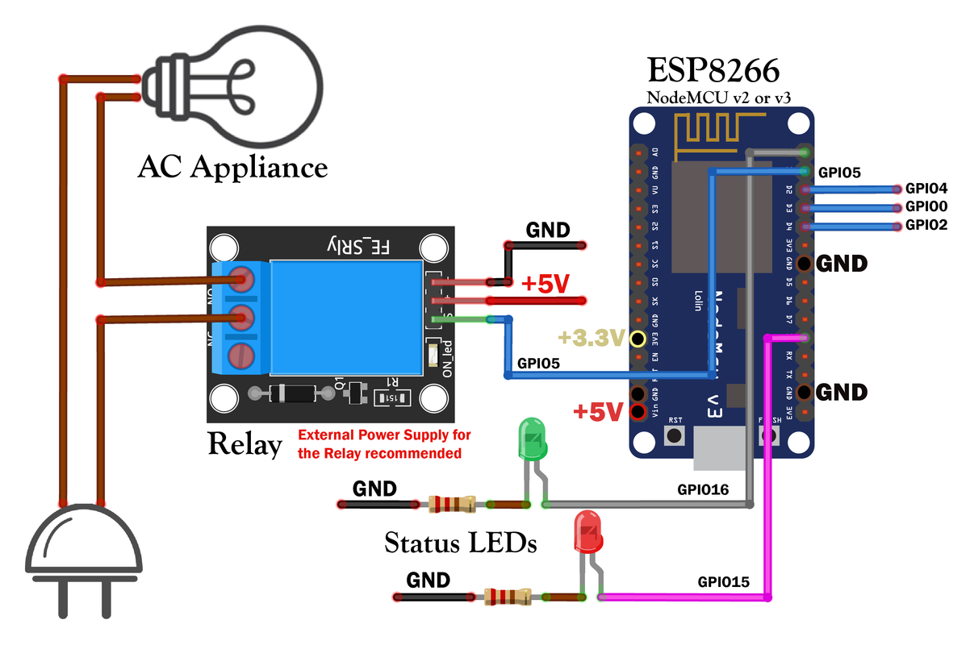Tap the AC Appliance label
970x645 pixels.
click(x=233, y=167)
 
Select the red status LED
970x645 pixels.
click(x=587, y=533)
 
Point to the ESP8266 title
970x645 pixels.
click(x=713, y=71)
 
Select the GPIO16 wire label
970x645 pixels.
click(x=703, y=489)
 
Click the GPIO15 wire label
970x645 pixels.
click(x=724, y=581)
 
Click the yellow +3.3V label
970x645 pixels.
click(x=596, y=337)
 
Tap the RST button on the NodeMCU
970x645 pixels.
click(x=675, y=435)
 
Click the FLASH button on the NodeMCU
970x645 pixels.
click(x=770, y=435)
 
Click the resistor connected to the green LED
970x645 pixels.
click(x=452, y=505)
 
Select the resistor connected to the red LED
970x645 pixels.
click(x=508, y=597)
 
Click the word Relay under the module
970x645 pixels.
click(x=245, y=443)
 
